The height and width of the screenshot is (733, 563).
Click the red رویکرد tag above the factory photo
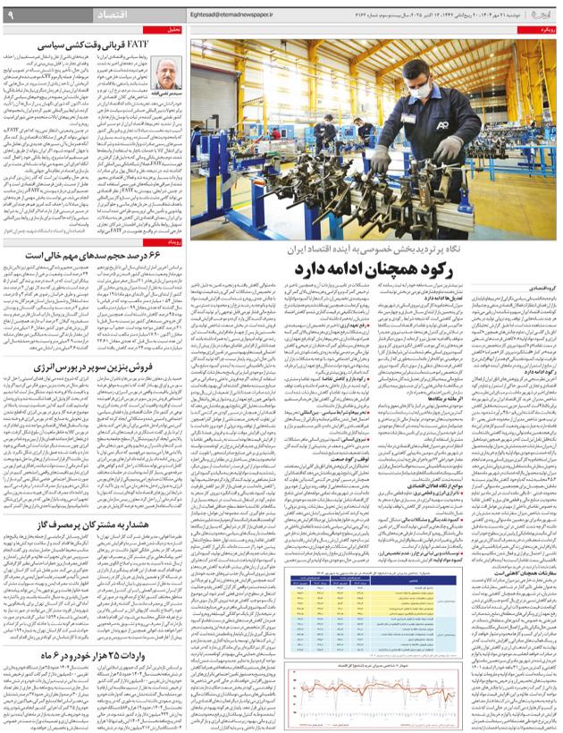click(x=542, y=29)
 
